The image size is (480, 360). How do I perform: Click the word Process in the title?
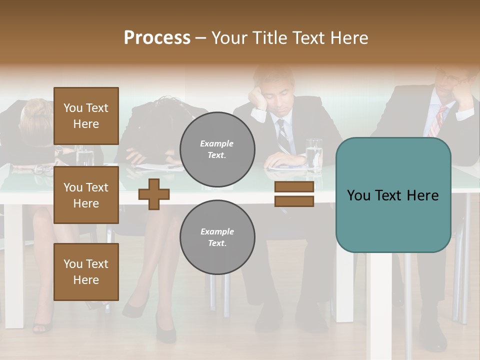point(157,38)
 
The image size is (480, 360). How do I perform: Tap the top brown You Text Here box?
point(86,116)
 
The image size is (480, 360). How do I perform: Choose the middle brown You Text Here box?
point(86,195)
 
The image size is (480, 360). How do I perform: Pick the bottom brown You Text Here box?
point(86,271)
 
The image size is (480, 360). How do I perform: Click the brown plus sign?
point(154,194)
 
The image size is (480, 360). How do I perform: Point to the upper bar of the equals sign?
point(294,187)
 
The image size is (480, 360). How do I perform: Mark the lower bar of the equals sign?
point(294,201)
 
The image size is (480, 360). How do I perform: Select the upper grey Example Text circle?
point(217,149)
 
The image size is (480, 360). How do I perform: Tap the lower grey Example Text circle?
point(217,237)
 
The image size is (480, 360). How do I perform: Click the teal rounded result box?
point(393,195)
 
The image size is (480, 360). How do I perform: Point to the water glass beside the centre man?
point(314,155)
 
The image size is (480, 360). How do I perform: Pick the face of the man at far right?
point(452,80)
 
